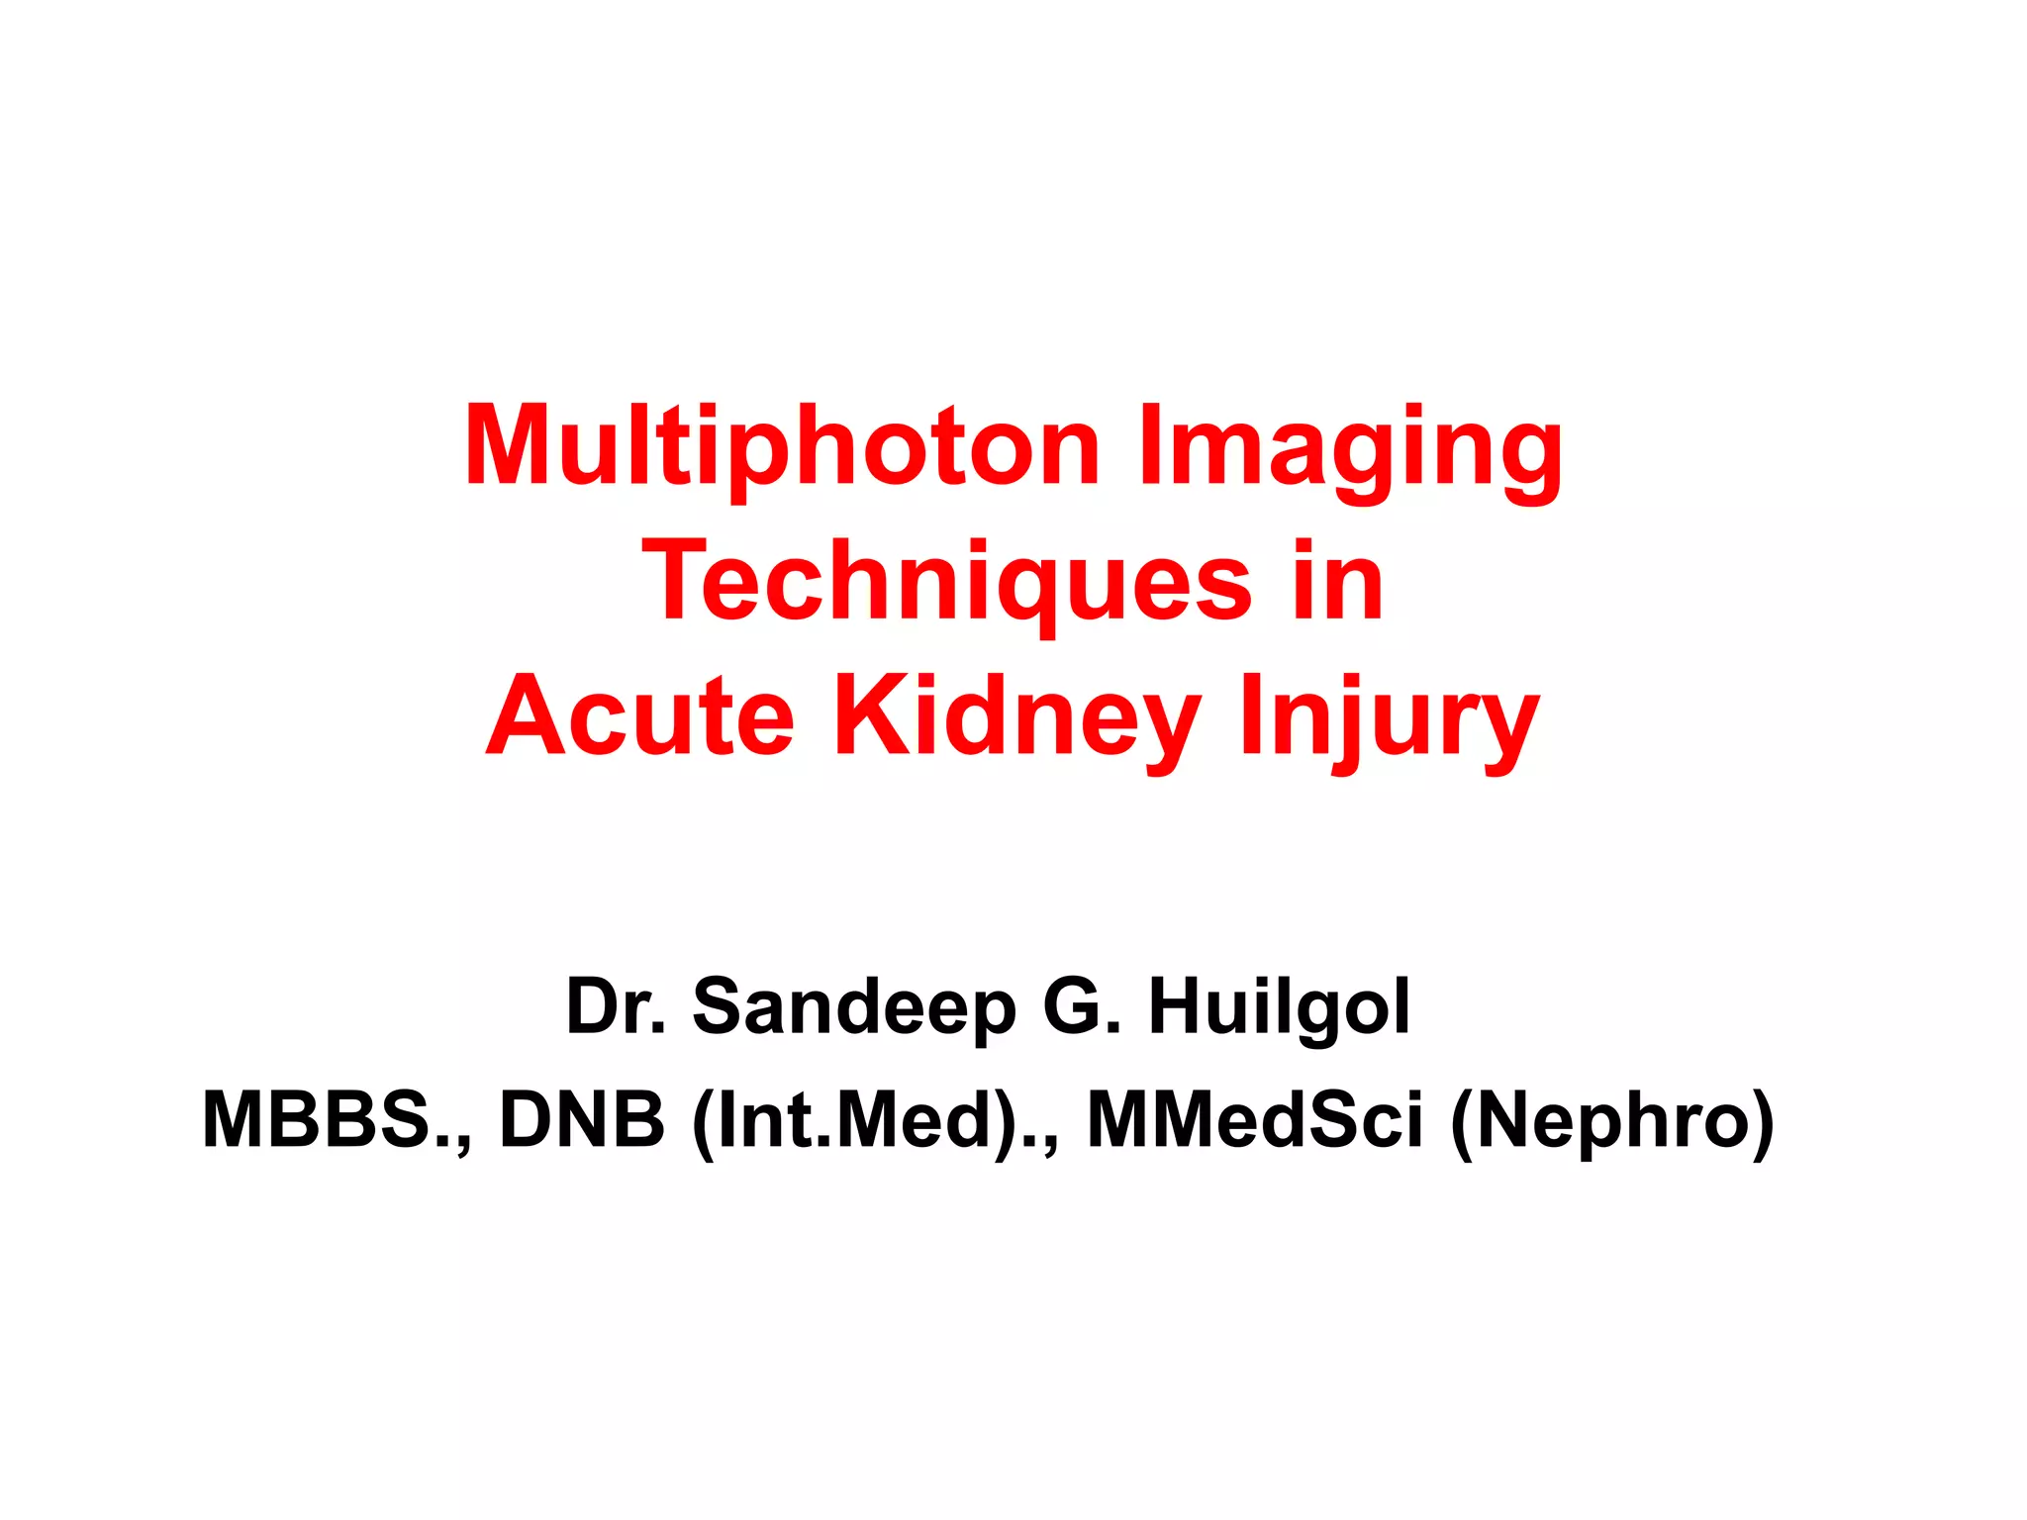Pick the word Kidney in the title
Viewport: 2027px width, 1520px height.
(1018, 716)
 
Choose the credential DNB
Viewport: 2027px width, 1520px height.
(582, 1120)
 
